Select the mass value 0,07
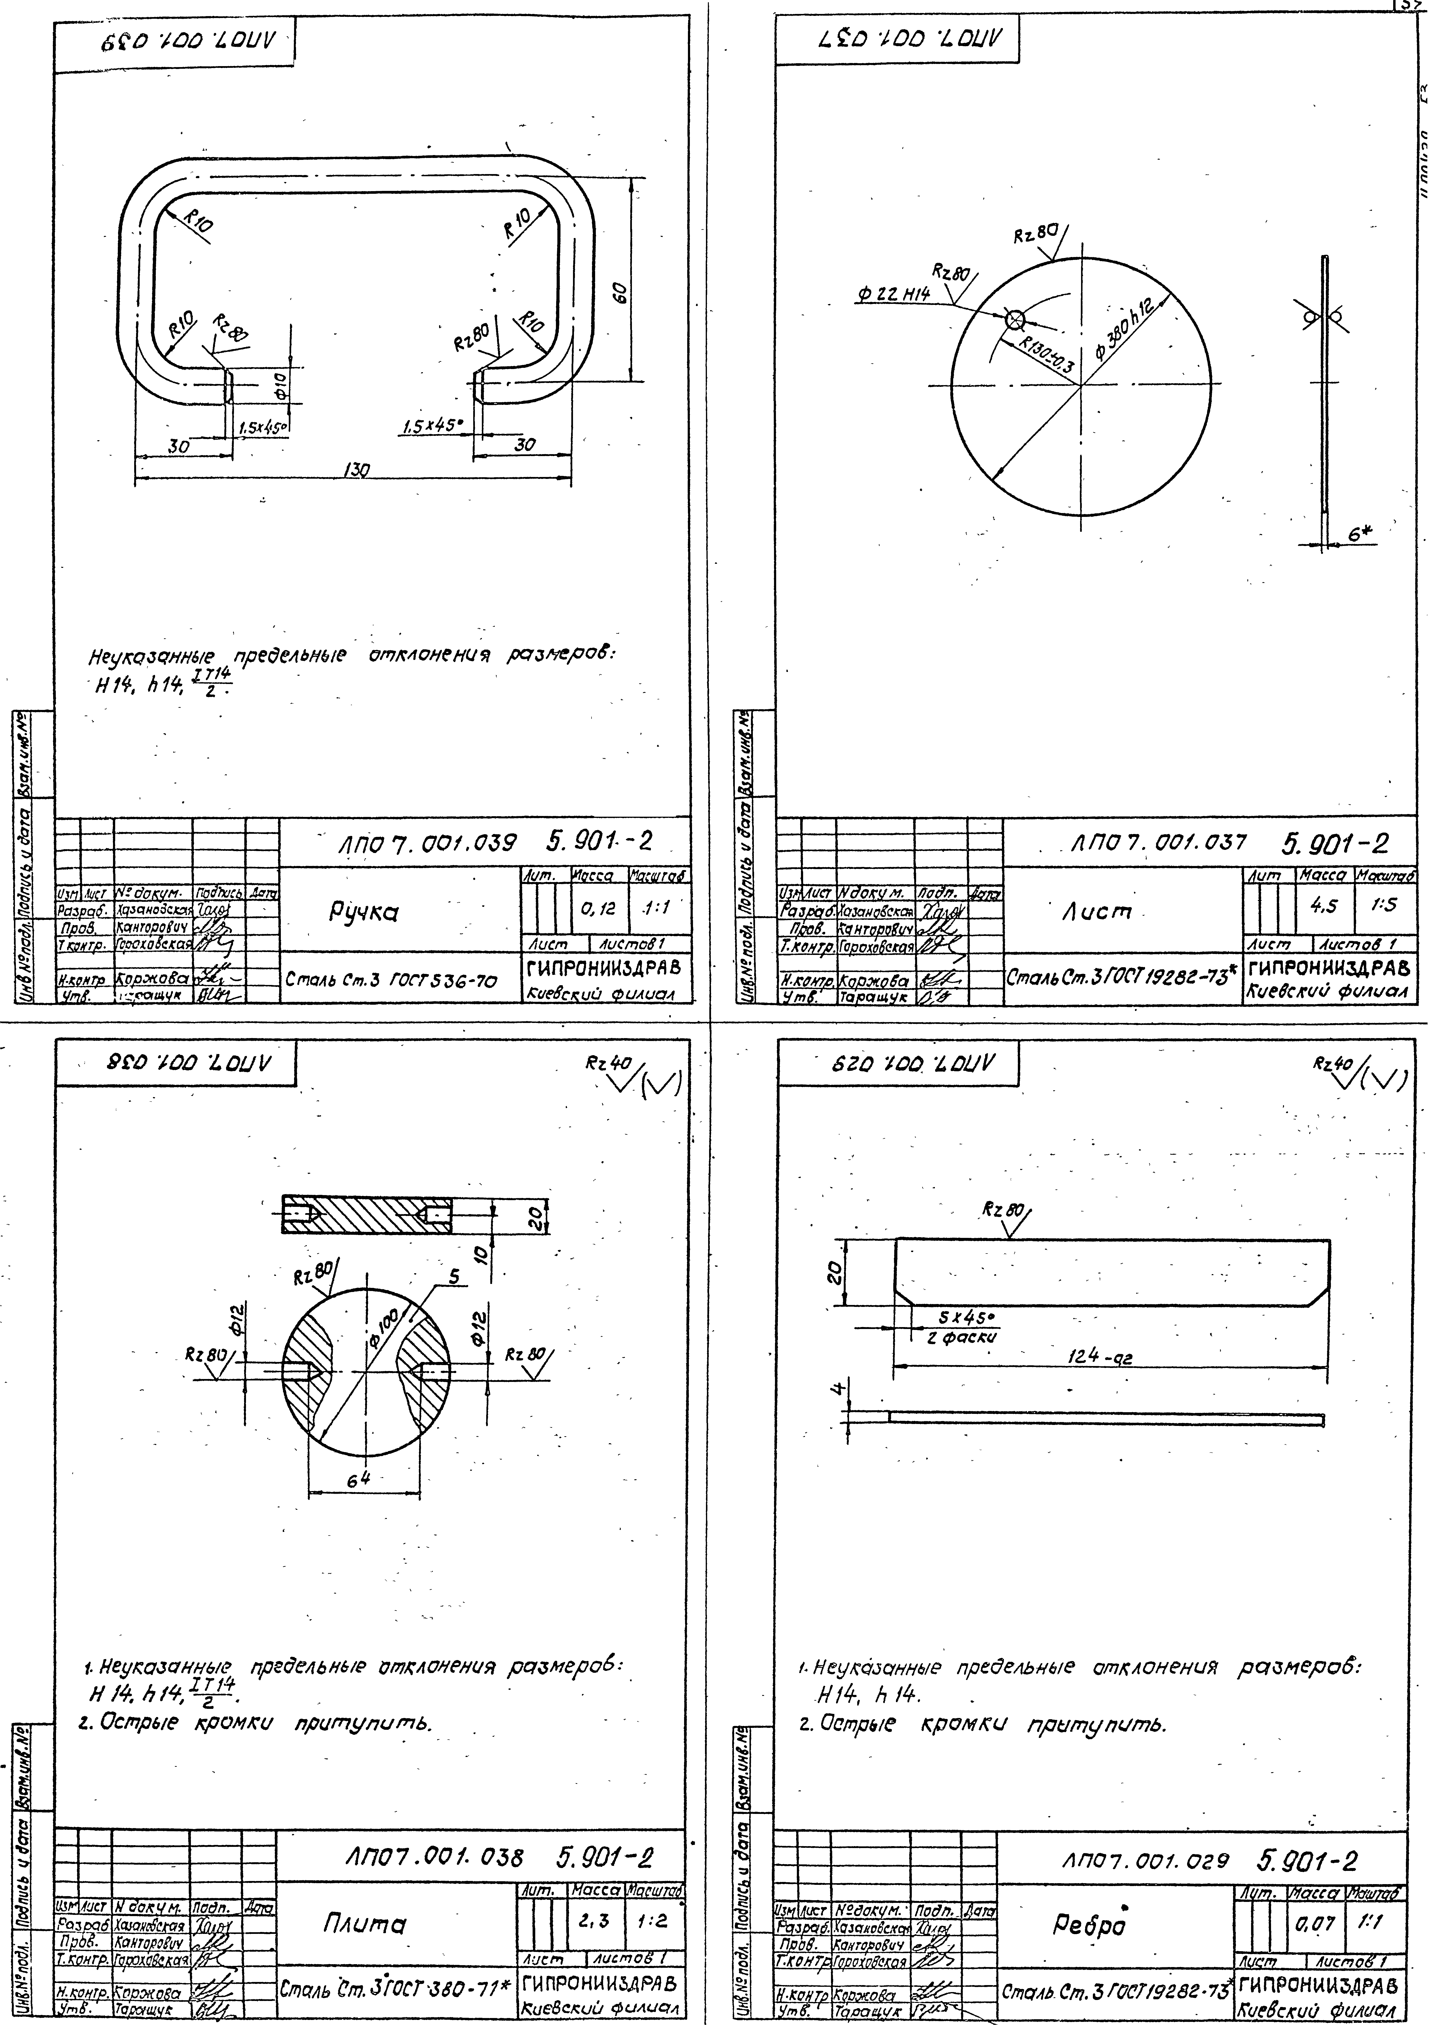click(x=1313, y=1920)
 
